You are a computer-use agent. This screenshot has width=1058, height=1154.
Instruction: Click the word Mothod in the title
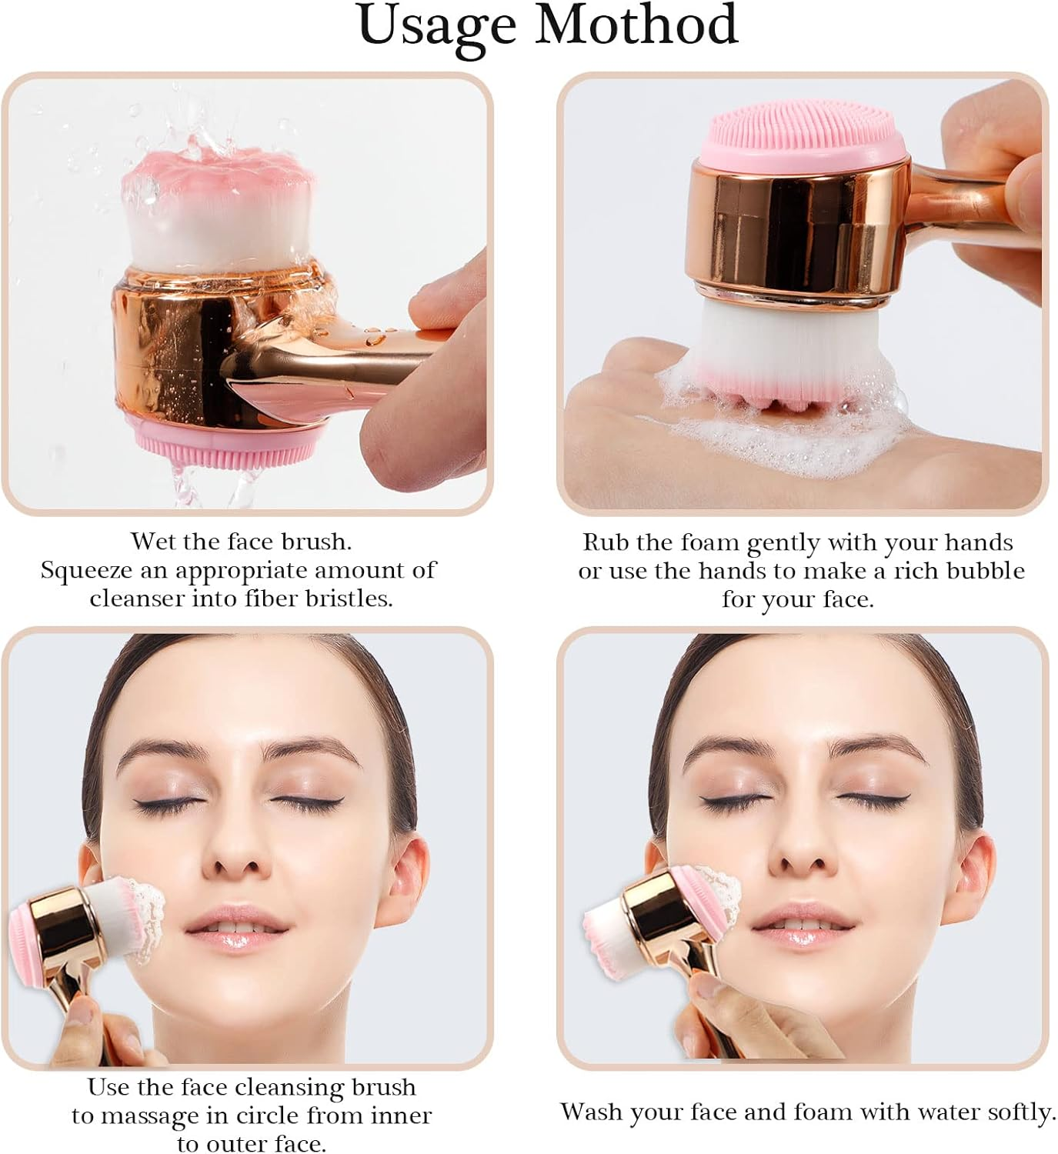point(636,25)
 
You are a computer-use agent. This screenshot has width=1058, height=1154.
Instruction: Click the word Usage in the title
point(436,26)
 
